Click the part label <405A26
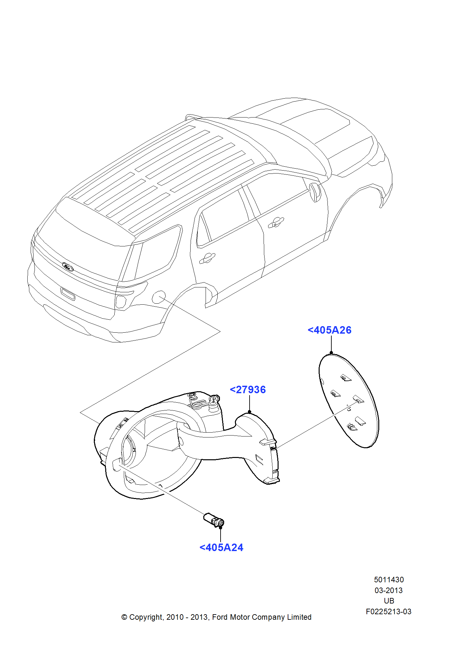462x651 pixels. pos(329,330)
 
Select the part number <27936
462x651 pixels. pos(248,390)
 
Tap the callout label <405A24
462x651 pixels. pos(221,547)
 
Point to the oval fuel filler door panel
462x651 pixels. pos(349,401)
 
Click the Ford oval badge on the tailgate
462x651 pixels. pos(68,267)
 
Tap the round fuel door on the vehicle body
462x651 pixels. pos(159,297)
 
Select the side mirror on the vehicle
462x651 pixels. pos(315,192)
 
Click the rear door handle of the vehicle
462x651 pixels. pos(207,258)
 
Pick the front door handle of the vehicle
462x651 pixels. pos(276,223)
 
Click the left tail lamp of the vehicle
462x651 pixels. pos(121,302)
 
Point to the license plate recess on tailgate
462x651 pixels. pos(68,294)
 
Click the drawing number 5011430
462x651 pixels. pos(389,580)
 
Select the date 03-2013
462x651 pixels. pos(388,590)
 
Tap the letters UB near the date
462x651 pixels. pos(389,601)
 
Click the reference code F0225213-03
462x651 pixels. pos(388,612)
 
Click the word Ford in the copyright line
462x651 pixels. pos(220,617)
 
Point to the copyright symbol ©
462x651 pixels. pos(124,617)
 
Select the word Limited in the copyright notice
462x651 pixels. pos(299,617)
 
